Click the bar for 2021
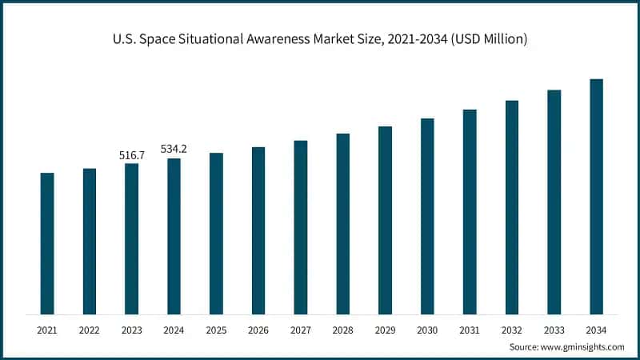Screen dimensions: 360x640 point(47,243)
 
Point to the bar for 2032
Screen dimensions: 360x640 point(511,207)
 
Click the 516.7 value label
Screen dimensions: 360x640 point(131,154)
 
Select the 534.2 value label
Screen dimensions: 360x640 point(174,149)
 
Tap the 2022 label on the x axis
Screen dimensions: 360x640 point(89,329)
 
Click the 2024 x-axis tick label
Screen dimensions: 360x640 point(174,329)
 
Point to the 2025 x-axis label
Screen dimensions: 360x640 point(216,329)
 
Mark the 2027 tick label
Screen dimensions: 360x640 point(301,329)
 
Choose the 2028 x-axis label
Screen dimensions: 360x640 point(342,329)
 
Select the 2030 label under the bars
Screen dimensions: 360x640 point(427,329)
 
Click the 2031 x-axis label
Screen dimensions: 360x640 point(470,329)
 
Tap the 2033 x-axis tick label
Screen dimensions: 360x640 point(554,329)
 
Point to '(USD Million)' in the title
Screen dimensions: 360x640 point(486,38)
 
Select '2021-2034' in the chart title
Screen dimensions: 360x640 point(412,38)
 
